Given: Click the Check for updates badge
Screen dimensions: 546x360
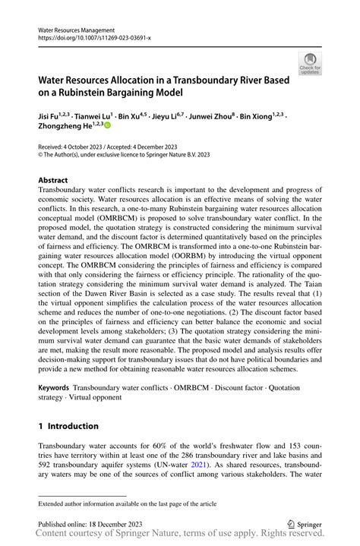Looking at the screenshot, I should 309,63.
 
